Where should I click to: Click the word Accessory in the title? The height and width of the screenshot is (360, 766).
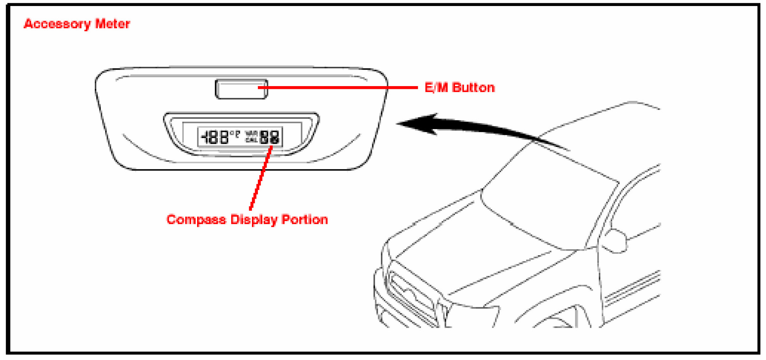point(57,24)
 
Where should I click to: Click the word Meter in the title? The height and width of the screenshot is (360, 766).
point(112,24)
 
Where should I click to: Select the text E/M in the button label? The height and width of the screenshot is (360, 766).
point(436,88)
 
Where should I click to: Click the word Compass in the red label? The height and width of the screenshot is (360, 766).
point(196,219)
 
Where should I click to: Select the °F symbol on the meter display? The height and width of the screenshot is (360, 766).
point(235,134)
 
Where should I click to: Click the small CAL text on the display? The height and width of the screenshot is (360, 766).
point(251,140)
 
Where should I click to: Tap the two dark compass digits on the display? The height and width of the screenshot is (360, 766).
point(270,137)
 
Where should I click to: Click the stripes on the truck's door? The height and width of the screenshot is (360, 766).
point(632,287)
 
